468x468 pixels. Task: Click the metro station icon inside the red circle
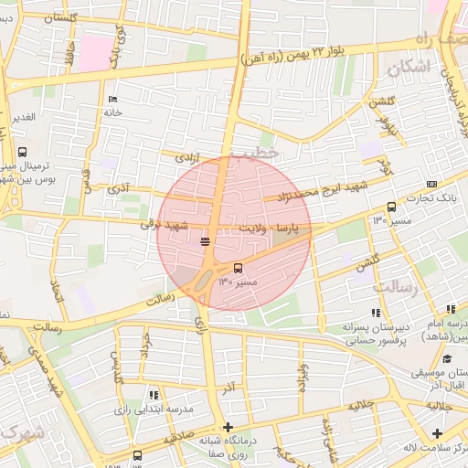coord(205,242)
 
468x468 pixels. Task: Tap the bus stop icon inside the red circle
coord(239,268)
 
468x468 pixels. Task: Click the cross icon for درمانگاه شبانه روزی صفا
coord(228,427)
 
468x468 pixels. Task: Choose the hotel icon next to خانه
coord(112,99)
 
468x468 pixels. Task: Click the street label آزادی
coord(186,157)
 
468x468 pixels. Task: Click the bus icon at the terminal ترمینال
coord(22,153)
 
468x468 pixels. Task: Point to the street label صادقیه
coord(179,440)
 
